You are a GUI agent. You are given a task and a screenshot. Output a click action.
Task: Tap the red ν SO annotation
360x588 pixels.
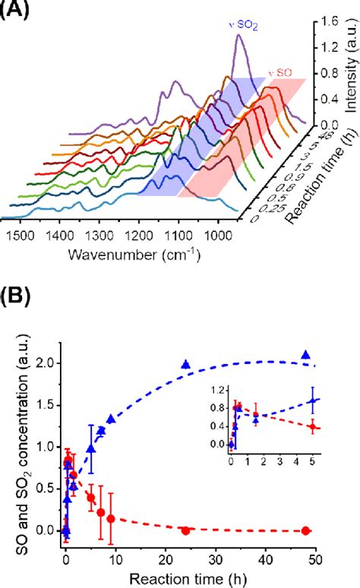[x=279, y=74]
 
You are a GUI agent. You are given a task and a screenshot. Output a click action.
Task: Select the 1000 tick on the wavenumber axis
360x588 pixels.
[x=218, y=234]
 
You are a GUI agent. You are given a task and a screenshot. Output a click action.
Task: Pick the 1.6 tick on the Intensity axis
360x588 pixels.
[x=328, y=22]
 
